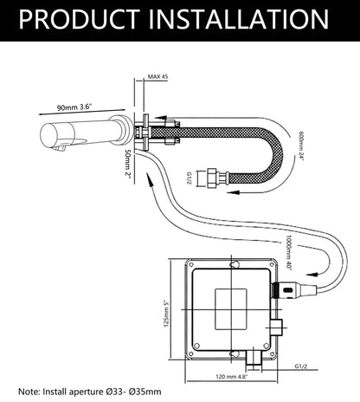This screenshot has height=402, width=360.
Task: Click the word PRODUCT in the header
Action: coord(80,19)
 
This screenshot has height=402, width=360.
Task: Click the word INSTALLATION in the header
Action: coord(239,19)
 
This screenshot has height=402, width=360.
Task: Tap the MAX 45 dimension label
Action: coord(157,77)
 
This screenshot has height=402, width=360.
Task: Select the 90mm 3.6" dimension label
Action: coord(74,107)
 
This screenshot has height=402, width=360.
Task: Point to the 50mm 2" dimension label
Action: coord(127,163)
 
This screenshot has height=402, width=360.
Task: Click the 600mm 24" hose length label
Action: coord(301,146)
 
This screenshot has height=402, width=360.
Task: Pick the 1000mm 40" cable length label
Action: coord(289,252)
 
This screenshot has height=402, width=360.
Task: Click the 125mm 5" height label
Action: coord(166,314)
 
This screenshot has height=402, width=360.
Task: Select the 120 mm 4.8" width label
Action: coord(232,377)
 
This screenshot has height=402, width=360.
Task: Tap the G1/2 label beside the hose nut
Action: coord(190,178)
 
